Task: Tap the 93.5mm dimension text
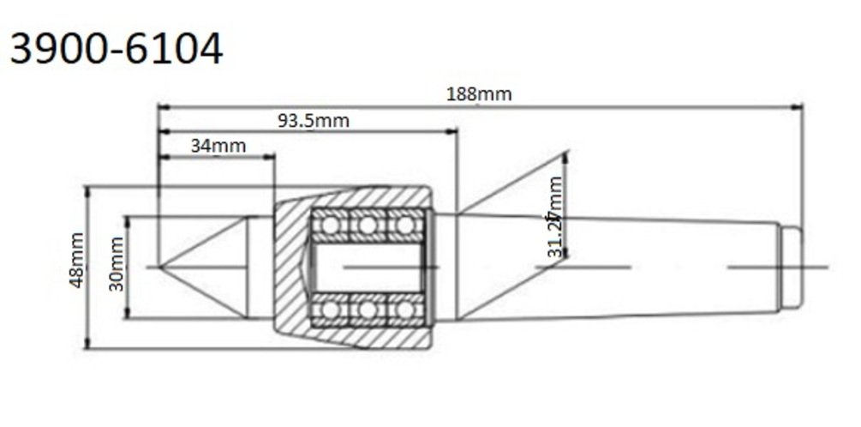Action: coord(313,120)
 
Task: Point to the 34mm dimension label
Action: coord(218,145)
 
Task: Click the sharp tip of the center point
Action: coord(160,267)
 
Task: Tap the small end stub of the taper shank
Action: coord(793,267)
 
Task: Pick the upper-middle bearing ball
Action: coord(368,226)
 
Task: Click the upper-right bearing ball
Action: coord(404,226)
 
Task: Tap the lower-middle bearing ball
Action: coord(368,309)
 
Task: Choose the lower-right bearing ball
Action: coord(404,309)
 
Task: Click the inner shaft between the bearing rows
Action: coord(367,267)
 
